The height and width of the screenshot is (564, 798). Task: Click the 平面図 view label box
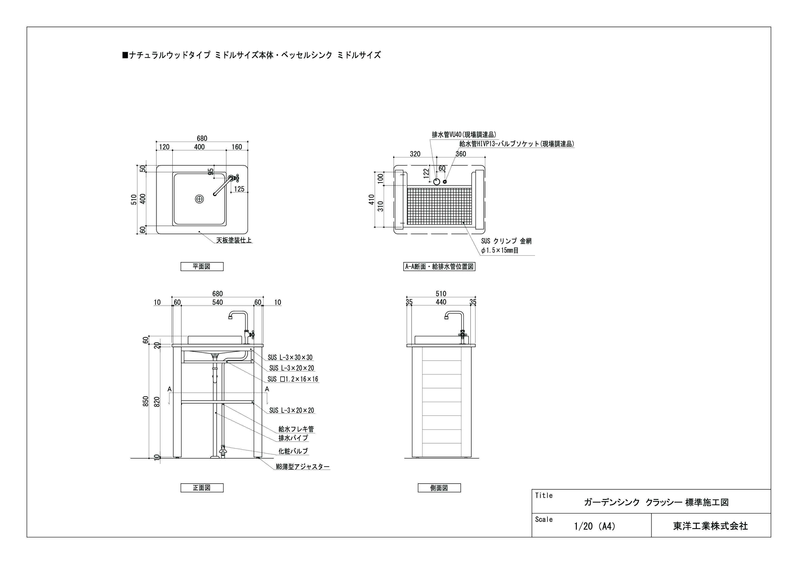pos(202,267)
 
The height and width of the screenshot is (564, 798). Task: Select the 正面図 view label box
pos(202,488)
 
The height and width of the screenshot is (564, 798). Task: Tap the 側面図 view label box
pos(439,488)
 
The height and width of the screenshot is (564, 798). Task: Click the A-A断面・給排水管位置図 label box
pos(439,267)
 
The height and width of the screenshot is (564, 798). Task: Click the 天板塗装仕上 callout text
pos(234,240)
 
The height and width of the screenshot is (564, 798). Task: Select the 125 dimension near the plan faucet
pos(239,189)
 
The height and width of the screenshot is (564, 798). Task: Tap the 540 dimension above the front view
pos(217,302)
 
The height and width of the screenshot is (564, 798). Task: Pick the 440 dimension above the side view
pos(441,302)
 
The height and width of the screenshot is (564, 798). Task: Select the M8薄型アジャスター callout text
pos(302,467)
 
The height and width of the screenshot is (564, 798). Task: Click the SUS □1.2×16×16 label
pos(293,379)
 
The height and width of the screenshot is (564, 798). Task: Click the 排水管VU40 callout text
pos(464,134)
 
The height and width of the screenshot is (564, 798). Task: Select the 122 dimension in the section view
pos(426,173)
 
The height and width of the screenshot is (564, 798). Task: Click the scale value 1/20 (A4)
pos(594,526)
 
